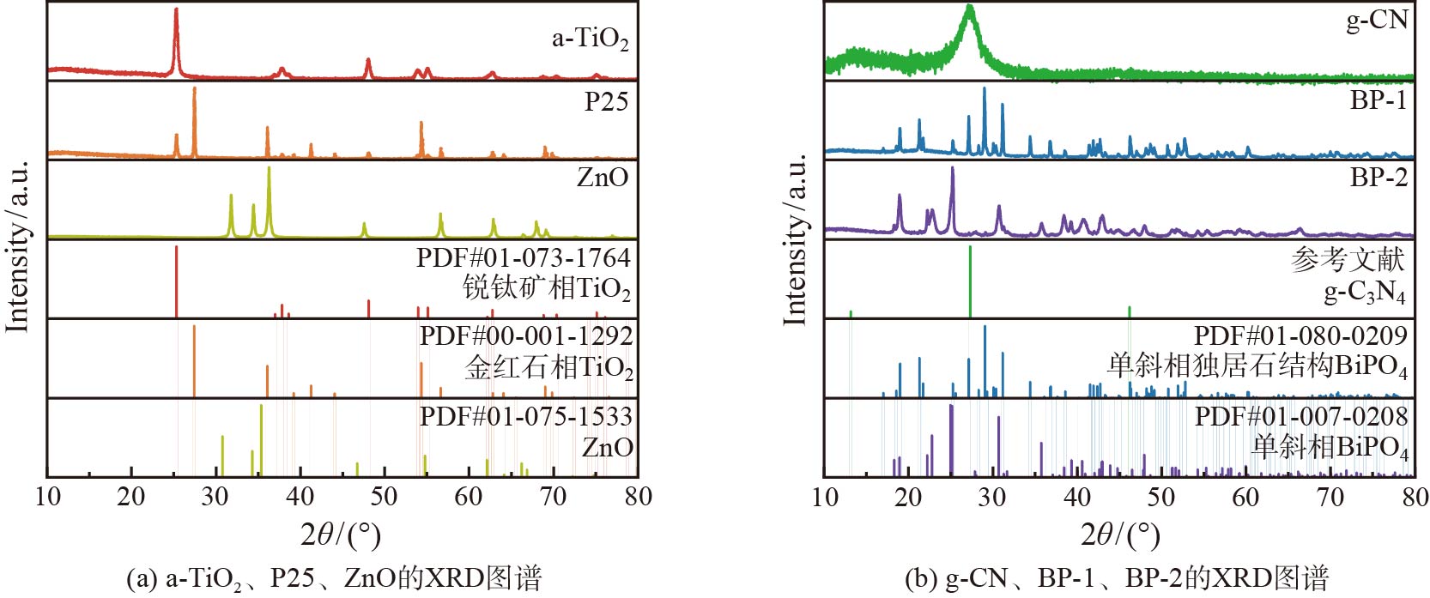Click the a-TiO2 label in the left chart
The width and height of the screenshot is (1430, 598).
pyautogui.click(x=590, y=39)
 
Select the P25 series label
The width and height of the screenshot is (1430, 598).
pyautogui.click(x=606, y=102)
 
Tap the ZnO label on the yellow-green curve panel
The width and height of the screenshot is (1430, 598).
pyautogui.click(x=603, y=178)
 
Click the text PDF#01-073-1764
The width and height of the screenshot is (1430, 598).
pyautogui.click(x=523, y=257)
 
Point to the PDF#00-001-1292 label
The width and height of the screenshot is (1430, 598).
pyautogui.click(x=525, y=335)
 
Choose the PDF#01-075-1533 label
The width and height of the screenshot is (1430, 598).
pyautogui.click(x=525, y=416)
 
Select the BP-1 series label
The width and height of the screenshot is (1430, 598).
pyautogui.click(x=1378, y=100)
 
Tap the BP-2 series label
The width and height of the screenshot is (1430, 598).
pyautogui.click(x=1378, y=177)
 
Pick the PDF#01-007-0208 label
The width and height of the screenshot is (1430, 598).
pyautogui.click(x=1300, y=416)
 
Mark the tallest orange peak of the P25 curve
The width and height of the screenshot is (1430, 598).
pyautogui.click(x=195, y=89)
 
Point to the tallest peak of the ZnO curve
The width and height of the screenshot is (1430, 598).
pyautogui.click(x=270, y=168)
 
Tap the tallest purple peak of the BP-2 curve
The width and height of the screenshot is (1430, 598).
pyautogui.click(x=952, y=169)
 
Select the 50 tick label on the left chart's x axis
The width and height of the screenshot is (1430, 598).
pyautogui.click(x=384, y=497)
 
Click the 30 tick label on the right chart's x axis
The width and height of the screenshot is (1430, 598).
pyautogui.click(x=991, y=497)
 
